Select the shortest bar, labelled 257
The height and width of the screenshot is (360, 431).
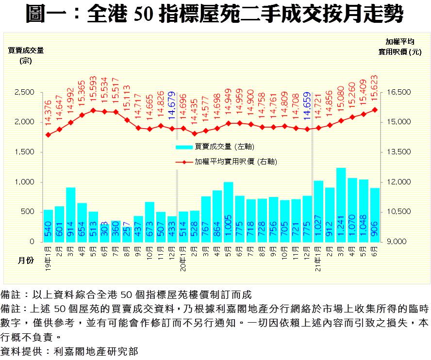pyautogui.click(x=127, y=234)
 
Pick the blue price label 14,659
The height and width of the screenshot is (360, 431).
pyautogui.click(x=307, y=105)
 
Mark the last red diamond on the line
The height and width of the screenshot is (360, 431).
pyautogui.click(x=375, y=110)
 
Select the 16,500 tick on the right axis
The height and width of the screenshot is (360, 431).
pyautogui.click(x=401, y=92)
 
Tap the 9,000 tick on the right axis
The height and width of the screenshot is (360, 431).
pyautogui.click(x=401, y=242)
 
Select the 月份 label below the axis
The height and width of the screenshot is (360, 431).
pyautogui.click(x=26, y=261)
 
